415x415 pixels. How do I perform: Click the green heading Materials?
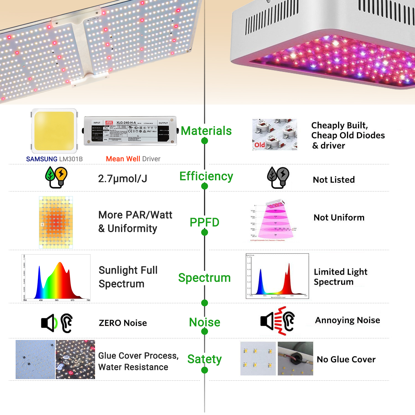206,131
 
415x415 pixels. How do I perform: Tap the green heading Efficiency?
206,176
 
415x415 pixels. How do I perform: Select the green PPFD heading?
204,222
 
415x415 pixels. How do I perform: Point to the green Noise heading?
204,322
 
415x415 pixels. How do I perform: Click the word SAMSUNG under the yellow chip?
42,159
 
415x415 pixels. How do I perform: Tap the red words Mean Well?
123,159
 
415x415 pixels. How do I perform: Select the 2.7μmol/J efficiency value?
123,179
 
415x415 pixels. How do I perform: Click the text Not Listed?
334,180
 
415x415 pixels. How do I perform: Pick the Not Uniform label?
339,218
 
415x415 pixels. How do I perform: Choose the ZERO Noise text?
123,323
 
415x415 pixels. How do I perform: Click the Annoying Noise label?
347,320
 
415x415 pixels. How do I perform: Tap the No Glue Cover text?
346,359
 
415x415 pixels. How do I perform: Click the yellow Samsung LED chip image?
54,131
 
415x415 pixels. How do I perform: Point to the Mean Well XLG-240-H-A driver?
130,131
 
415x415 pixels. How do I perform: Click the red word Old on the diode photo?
260,145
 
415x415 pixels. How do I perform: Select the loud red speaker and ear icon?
277,321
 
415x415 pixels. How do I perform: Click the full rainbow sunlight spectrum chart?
56,277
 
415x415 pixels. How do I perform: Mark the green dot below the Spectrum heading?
205,303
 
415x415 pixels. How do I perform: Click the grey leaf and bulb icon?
278,177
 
